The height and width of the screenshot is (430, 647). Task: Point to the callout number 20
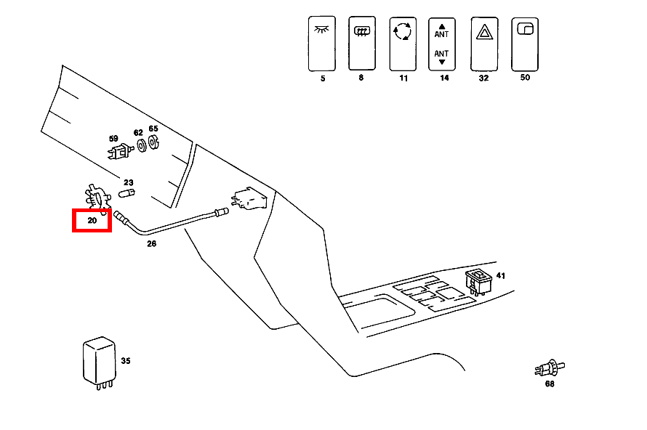point(92,220)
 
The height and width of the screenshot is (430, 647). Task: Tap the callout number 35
point(125,361)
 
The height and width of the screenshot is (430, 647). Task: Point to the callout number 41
point(500,276)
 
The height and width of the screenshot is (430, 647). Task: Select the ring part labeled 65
point(154,144)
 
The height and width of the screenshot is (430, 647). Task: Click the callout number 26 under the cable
point(151,244)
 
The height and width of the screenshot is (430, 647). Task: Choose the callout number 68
point(550,384)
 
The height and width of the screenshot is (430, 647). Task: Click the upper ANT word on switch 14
point(441,34)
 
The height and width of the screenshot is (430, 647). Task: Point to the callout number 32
point(483,77)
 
